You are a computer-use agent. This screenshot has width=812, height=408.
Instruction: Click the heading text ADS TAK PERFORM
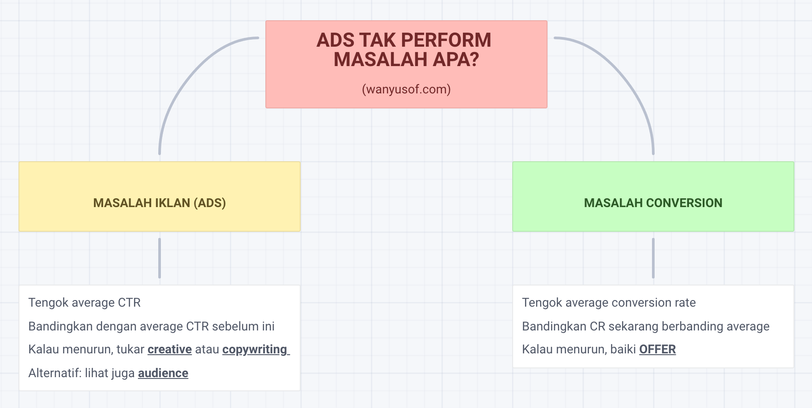pyautogui.click(x=404, y=40)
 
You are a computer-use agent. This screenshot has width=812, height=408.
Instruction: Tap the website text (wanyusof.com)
pyautogui.click(x=406, y=89)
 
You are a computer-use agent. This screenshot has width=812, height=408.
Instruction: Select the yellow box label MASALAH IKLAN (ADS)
pyautogui.click(x=160, y=203)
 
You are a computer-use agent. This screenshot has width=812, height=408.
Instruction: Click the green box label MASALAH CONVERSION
pyautogui.click(x=653, y=203)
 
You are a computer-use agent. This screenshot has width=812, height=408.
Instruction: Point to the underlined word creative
pyautogui.click(x=170, y=349)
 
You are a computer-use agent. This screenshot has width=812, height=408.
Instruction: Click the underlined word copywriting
pyautogui.click(x=255, y=350)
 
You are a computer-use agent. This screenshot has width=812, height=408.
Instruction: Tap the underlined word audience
pyautogui.click(x=163, y=373)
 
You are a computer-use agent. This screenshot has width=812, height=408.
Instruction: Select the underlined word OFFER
pyautogui.click(x=657, y=349)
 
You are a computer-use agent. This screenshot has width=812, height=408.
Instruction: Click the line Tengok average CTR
pyautogui.click(x=85, y=303)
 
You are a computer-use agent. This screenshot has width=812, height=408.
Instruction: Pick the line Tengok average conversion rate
pyautogui.click(x=609, y=303)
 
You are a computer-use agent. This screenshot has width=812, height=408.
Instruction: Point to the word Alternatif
pyautogui.click(x=55, y=373)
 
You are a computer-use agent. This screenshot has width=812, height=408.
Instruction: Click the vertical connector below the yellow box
pyautogui.click(x=160, y=258)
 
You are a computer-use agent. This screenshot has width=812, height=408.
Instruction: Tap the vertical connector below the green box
pyautogui.click(x=653, y=258)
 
